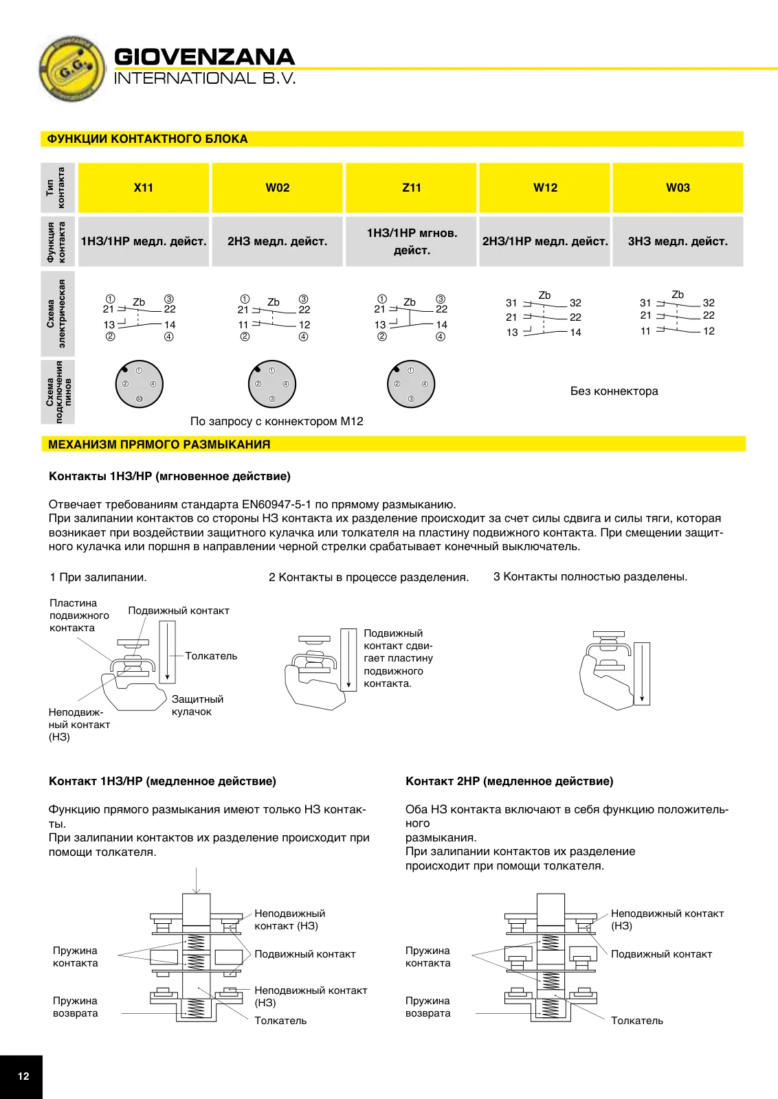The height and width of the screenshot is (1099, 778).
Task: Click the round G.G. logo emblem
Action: [x=72, y=69]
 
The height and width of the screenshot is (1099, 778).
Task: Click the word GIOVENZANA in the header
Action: [x=204, y=57]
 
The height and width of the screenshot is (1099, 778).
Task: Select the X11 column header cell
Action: [x=144, y=188]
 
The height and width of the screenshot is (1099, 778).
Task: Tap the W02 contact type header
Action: [x=278, y=188]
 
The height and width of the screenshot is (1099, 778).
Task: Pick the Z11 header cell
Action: [x=411, y=188]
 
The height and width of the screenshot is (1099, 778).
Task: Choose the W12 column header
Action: [x=545, y=188]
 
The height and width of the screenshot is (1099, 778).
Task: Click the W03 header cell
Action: [x=678, y=188]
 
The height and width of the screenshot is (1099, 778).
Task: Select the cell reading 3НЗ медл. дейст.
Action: [x=678, y=241]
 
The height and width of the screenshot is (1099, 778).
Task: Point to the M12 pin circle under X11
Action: [x=140, y=384]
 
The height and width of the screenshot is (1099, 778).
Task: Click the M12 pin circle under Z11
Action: [x=411, y=384]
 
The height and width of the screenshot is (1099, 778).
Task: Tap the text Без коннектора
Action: [x=614, y=391]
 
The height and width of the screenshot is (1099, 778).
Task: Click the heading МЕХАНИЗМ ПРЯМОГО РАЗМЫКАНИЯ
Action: [x=159, y=444]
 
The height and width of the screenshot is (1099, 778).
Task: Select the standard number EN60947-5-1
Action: [x=276, y=504]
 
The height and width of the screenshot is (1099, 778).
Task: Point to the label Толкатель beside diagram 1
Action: [x=211, y=656]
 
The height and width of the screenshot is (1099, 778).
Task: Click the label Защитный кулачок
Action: [x=197, y=705]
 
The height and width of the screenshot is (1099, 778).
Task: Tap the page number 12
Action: [x=23, y=1076]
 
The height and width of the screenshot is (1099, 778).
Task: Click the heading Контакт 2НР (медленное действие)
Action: [x=509, y=782]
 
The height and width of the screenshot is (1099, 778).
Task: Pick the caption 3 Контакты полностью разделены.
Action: [x=590, y=576]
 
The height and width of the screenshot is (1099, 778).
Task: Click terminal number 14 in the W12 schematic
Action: [x=575, y=332]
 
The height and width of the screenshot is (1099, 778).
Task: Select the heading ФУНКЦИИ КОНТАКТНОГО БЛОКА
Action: [x=147, y=139]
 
